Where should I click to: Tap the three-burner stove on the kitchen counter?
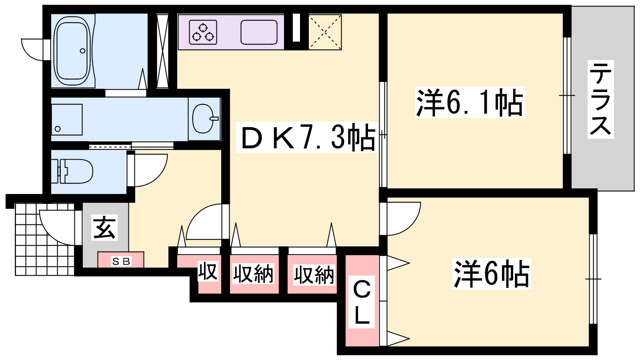pyautogui.click(x=203, y=32)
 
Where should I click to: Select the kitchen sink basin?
pyautogui.click(x=259, y=32)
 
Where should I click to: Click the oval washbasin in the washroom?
pyautogui.click(x=204, y=118)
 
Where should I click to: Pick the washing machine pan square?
pyautogui.click(x=67, y=120)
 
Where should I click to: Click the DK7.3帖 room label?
pyautogui.click(x=308, y=138)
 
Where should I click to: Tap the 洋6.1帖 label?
pyautogui.click(x=470, y=102)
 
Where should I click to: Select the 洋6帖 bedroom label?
pyautogui.click(x=492, y=274)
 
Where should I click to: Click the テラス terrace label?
pyautogui.click(x=600, y=99)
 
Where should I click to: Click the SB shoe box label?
pyautogui.click(x=121, y=261)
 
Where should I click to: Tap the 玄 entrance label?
pyautogui.click(x=104, y=228)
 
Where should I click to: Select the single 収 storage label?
pyautogui.click(x=208, y=272)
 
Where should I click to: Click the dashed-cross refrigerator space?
pyautogui.click(x=325, y=32)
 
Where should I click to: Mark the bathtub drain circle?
pyautogui.click(x=82, y=51)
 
